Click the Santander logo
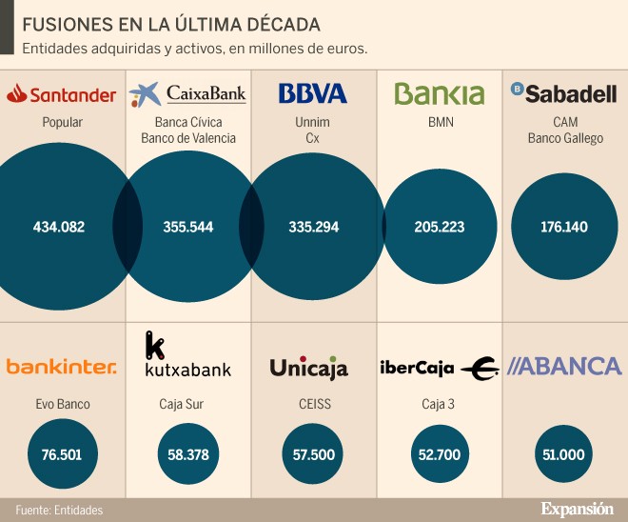[x=62, y=94]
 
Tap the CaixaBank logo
[x=187, y=93]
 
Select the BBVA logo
[x=313, y=93]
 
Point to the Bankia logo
[x=439, y=93]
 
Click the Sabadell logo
[x=564, y=92]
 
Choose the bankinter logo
[x=62, y=367]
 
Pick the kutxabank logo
[x=187, y=355]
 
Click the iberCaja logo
[x=439, y=368]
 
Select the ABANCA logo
[x=564, y=366]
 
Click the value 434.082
[x=59, y=227]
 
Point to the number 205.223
[x=439, y=227]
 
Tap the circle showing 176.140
[x=563, y=227]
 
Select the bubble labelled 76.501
[x=62, y=454]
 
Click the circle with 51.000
[x=563, y=454]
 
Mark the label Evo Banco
[x=62, y=404]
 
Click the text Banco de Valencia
[x=187, y=138]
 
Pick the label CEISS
[x=313, y=404]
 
